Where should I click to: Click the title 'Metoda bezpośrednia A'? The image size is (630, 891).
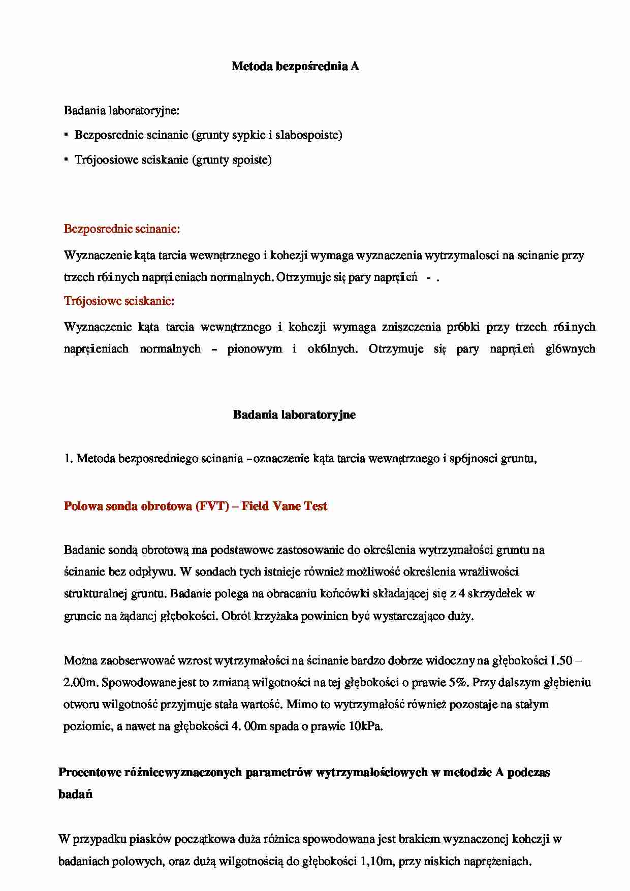coord(295,66)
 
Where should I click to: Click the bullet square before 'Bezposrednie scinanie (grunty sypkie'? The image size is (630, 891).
coord(67,135)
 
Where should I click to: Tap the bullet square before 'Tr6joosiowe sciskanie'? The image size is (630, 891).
coord(67,160)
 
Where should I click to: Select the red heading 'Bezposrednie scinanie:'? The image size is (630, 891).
coord(122,229)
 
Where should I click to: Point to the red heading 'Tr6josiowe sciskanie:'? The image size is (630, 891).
coord(119,301)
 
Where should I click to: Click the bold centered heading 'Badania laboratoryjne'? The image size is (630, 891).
coord(294,415)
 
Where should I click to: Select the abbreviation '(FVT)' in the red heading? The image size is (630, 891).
coord(211,506)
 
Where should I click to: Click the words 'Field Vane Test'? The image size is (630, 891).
coord(285,506)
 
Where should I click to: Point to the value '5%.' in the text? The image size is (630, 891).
coord(459,682)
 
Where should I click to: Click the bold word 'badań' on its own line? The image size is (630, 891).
coord(75,794)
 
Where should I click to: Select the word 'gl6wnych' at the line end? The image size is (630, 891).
coord(570,349)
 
